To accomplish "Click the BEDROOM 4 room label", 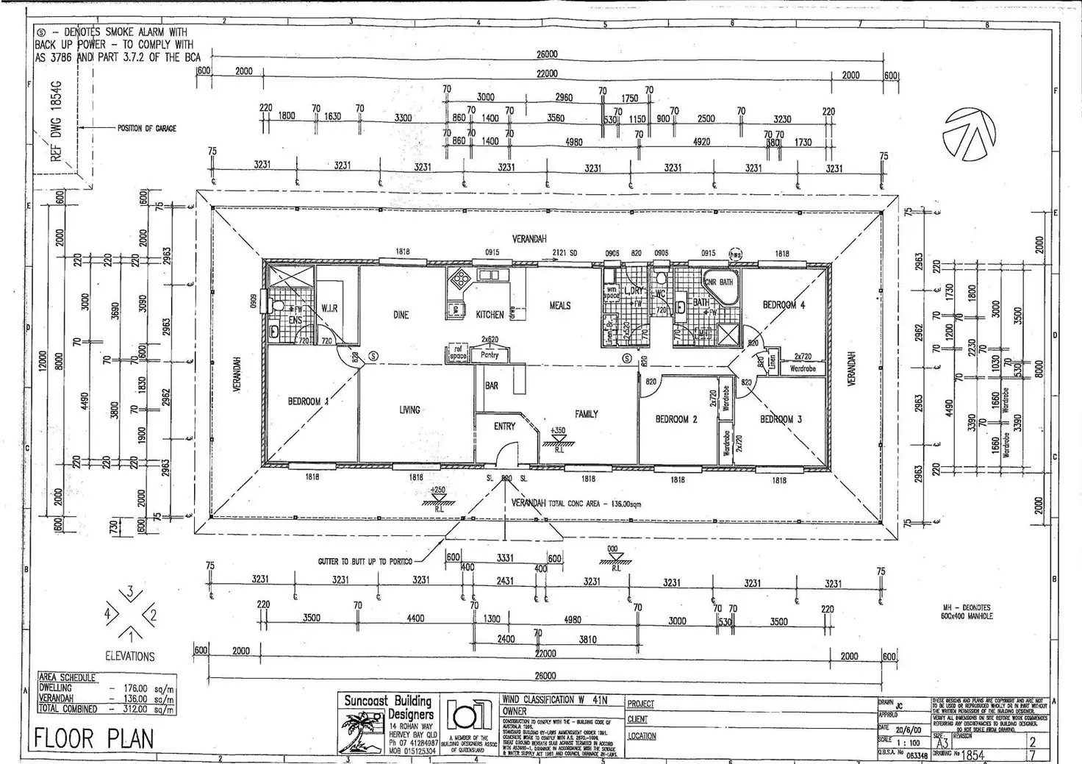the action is pos(783,304).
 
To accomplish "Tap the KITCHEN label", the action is pos(490,315).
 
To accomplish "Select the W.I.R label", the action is pos(329,309).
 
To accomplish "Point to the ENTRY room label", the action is pos(504,426).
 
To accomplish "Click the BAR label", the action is pos(492,385).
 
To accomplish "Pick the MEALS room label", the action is pos(559,305).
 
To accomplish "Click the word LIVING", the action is pos(409,410).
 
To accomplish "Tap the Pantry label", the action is pos(490,355).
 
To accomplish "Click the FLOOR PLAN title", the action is pos(95,738).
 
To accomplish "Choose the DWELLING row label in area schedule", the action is pos(55,688).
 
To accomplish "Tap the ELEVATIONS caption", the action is pos(130,656).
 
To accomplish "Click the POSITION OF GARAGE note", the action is pos(147,128).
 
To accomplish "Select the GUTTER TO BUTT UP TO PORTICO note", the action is pos(365,561).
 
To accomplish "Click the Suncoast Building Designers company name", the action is pos(388,707).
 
